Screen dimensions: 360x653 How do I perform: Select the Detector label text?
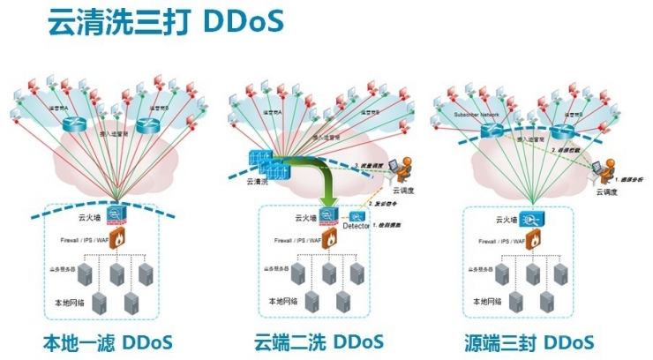(x=356, y=227)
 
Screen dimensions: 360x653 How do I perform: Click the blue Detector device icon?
(x=357, y=214)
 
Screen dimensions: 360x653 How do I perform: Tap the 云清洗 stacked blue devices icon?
(x=262, y=164)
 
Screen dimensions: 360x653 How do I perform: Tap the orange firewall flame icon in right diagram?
(x=532, y=239)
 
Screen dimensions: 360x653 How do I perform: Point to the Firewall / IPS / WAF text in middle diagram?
(x=295, y=239)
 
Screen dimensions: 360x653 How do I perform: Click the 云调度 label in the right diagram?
(x=608, y=191)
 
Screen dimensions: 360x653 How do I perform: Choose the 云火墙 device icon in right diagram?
(x=531, y=217)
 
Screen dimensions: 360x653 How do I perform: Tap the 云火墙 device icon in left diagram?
(x=116, y=214)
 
